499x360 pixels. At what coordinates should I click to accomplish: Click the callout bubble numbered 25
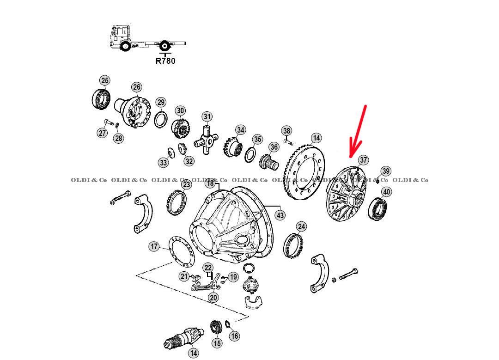[x=105, y=80]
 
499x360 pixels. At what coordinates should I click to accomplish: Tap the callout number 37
[x=363, y=160]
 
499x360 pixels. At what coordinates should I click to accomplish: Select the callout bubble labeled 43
[x=280, y=215]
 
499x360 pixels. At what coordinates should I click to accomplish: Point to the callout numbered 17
[x=154, y=246]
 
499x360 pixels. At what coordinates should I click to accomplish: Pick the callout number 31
[x=207, y=116]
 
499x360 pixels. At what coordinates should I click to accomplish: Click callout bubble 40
[x=386, y=192]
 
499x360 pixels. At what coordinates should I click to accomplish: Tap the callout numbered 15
[x=217, y=343]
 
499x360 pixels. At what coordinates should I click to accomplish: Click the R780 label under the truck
[x=165, y=61]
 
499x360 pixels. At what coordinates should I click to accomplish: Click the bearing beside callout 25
[x=101, y=99]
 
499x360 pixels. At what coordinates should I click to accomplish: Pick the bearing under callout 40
[x=378, y=209]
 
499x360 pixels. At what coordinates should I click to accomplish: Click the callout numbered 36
[x=274, y=147]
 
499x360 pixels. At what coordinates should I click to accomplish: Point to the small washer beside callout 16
[x=228, y=324]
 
